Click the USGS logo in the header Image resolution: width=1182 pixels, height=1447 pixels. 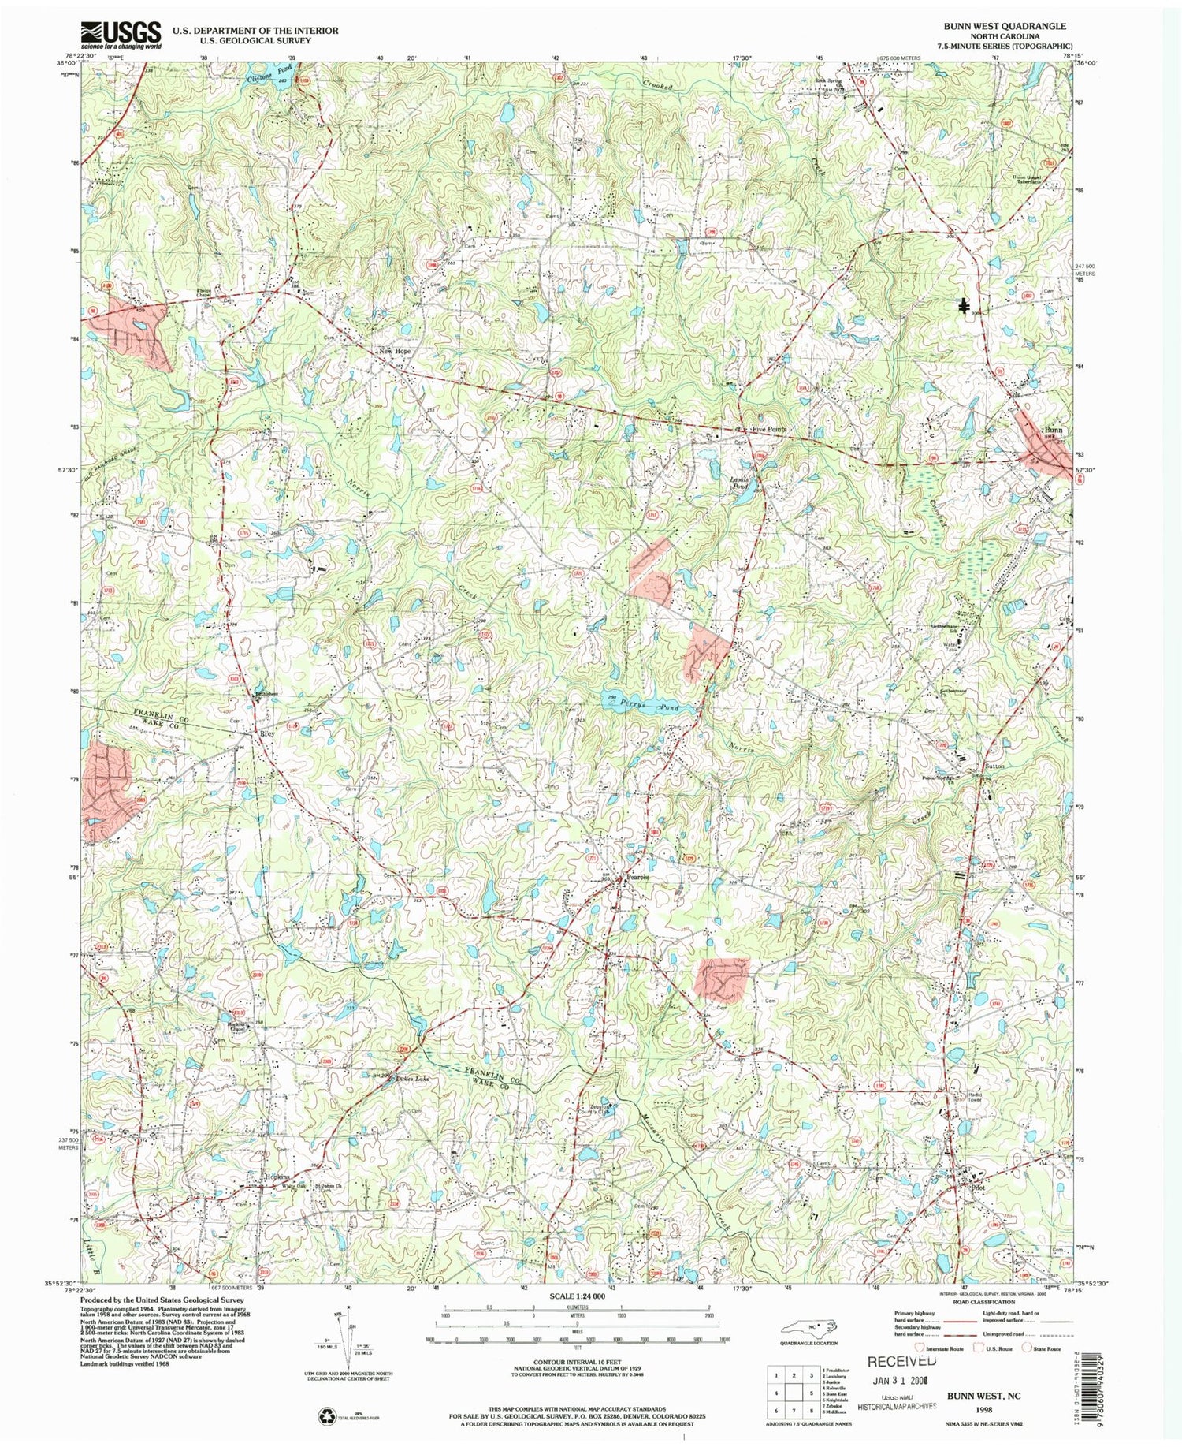click(121, 35)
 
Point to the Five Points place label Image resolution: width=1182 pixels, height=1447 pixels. click(768, 429)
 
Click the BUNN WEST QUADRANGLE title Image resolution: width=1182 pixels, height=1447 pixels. click(1005, 26)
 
